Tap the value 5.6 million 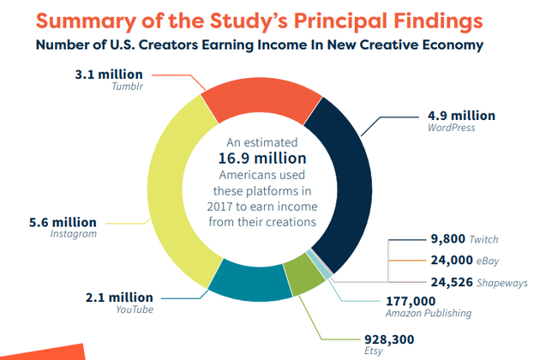62,222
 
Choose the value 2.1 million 123,297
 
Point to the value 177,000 412,301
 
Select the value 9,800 447,239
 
